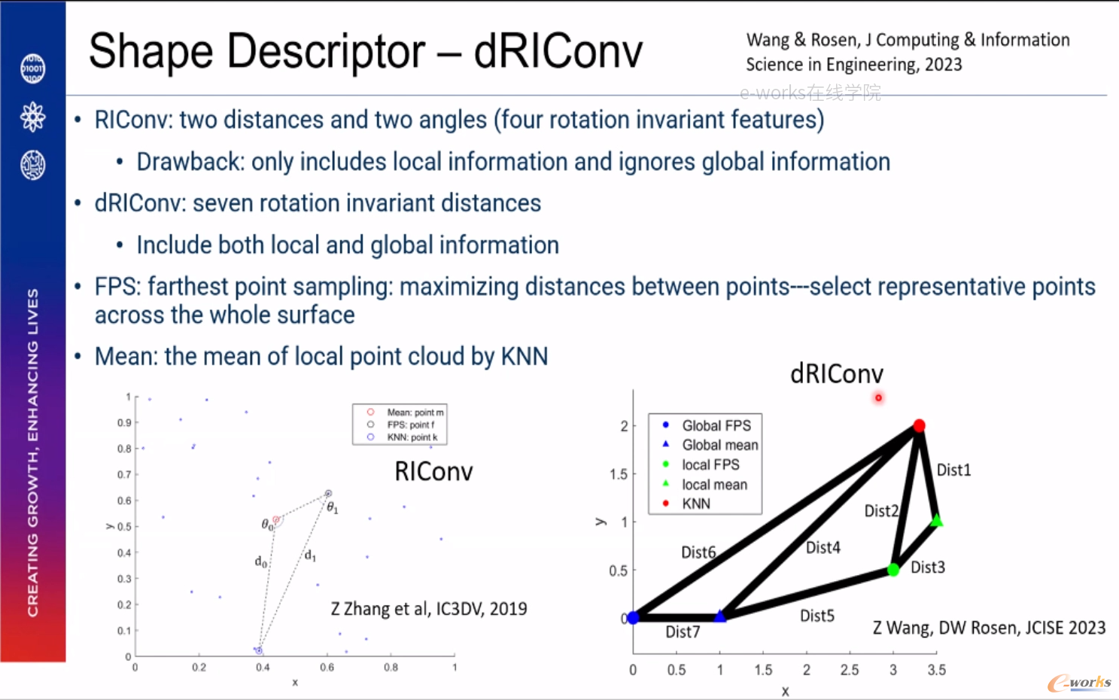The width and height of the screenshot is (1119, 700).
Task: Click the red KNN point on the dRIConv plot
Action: pos(919,426)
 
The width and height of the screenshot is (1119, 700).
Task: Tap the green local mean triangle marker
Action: pos(937,521)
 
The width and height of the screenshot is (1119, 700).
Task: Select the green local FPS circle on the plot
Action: pos(893,570)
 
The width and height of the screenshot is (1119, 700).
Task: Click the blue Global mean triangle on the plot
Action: pos(720,616)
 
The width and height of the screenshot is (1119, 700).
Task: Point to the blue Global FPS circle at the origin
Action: pos(633,618)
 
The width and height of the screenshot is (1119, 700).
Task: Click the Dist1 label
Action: pos(953,470)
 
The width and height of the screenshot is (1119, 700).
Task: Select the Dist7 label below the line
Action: pos(683,632)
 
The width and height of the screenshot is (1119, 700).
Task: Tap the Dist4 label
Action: pos(823,548)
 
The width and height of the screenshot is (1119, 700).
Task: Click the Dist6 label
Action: pos(699,552)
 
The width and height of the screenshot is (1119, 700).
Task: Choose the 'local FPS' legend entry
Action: pos(710,464)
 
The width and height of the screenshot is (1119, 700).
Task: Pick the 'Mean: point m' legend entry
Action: pos(415,412)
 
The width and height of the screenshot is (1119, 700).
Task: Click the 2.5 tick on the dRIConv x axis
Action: pos(850,670)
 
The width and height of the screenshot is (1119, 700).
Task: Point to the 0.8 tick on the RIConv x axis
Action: pos(391,667)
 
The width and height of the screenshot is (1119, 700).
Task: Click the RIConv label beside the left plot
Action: pos(433,471)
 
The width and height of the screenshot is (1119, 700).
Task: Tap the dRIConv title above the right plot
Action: pos(837,374)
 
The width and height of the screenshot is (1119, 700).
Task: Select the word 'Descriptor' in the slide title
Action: pos(326,51)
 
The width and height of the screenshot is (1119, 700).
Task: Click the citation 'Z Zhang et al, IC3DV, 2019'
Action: pos(429,609)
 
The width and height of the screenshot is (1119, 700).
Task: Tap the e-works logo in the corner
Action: pos(1080,683)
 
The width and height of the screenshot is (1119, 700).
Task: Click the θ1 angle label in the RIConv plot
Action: pos(332,508)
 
